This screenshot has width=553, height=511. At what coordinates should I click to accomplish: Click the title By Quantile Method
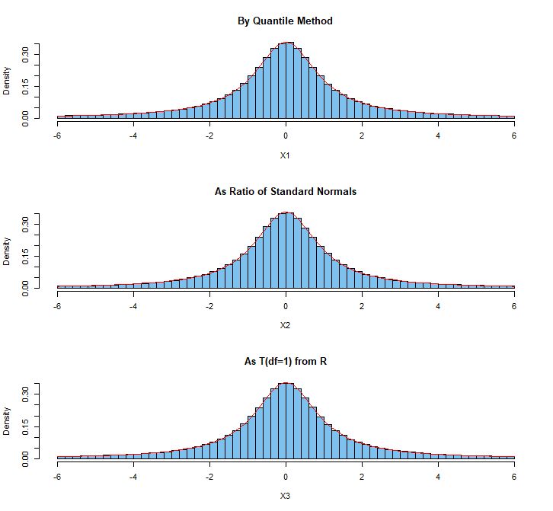click(286, 21)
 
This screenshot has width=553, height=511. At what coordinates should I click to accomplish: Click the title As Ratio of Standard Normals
click(286, 191)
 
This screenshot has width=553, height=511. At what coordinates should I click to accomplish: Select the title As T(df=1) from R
click(286, 361)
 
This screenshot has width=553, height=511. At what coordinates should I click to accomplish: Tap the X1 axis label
click(286, 155)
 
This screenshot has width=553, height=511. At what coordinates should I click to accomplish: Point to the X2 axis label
click(286, 325)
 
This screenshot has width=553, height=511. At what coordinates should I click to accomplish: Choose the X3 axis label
click(286, 496)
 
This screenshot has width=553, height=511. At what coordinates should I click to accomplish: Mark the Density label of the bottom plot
click(7, 421)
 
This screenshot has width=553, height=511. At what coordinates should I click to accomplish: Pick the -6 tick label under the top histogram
click(56, 136)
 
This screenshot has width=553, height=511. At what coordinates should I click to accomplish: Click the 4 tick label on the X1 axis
click(438, 136)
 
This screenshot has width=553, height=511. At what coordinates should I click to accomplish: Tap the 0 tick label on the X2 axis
click(286, 306)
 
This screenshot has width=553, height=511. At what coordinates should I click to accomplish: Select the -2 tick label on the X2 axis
click(209, 306)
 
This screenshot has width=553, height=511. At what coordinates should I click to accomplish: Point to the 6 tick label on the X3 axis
click(514, 477)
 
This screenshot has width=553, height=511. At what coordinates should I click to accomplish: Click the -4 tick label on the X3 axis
click(133, 477)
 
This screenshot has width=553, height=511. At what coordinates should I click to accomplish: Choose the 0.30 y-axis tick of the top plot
click(25, 53)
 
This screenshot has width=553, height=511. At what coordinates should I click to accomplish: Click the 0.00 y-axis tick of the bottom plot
click(25, 458)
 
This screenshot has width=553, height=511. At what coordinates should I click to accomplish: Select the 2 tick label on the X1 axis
click(362, 136)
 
